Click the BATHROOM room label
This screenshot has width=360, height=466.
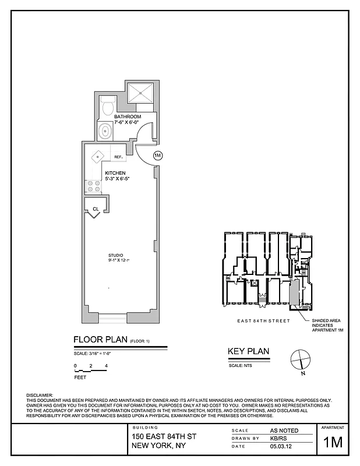(127, 116)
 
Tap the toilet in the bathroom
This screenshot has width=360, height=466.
(107, 108)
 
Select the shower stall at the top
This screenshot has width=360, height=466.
(140, 91)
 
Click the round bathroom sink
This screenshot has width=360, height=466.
(105, 131)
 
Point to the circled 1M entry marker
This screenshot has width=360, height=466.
(157, 156)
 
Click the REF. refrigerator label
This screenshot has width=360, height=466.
(118, 157)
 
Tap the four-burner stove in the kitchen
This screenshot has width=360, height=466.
(93, 186)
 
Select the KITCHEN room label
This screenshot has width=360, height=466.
(115, 174)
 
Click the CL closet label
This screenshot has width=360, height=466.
(95, 209)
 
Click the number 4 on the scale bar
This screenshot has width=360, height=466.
(105, 366)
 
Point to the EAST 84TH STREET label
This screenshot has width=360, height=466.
(259, 320)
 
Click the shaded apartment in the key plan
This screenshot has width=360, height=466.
(294, 291)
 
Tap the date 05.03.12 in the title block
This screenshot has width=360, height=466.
(279, 447)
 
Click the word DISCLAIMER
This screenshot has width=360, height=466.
(40, 395)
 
